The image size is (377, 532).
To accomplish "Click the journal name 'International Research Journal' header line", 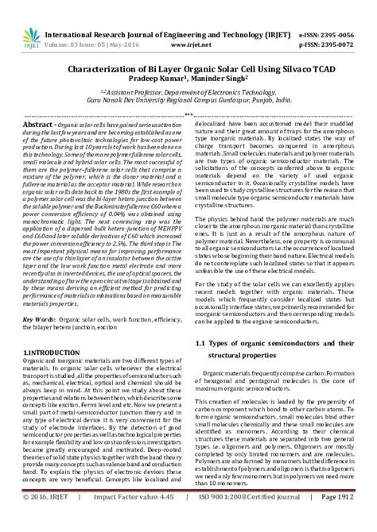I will click(x=135, y=13).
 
